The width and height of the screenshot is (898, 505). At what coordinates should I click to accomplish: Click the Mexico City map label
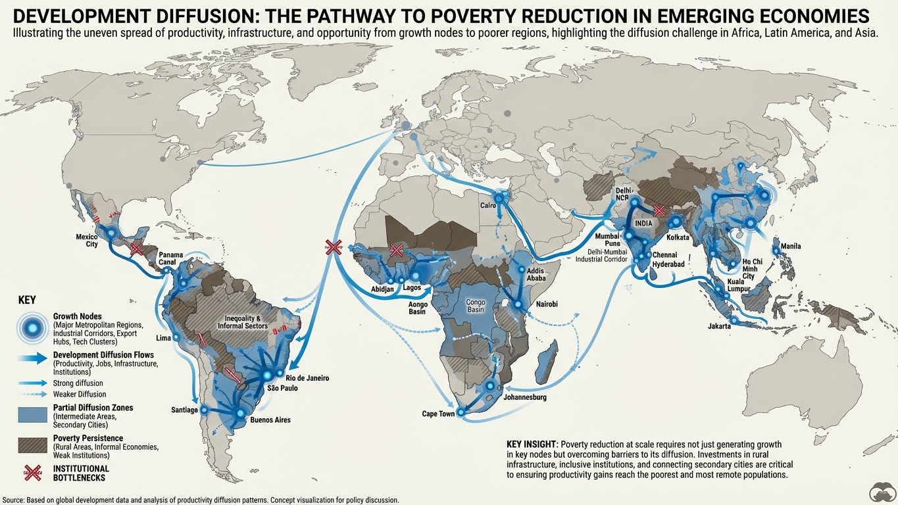(87, 240)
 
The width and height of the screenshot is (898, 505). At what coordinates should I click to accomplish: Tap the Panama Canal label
(170, 259)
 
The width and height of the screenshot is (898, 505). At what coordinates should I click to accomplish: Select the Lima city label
(162, 338)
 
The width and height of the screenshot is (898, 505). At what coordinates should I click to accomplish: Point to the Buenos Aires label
(270, 420)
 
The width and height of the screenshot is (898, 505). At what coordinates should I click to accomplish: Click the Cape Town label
(438, 414)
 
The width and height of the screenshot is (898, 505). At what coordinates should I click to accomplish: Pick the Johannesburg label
(524, 398)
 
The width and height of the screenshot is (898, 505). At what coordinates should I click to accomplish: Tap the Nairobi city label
(546, 304)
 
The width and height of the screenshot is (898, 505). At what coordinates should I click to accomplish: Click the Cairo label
(487, 206)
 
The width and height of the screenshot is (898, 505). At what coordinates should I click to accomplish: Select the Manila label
(790, 247)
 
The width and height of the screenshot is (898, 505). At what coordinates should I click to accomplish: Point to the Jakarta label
(719, 326)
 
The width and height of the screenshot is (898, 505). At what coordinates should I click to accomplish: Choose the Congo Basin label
(475, 306)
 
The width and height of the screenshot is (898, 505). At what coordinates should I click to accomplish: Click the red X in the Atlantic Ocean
(334, 247)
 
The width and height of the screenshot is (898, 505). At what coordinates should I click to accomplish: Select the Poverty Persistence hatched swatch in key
(32, 445)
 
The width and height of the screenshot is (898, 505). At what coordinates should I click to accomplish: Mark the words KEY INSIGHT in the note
(532, 445)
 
